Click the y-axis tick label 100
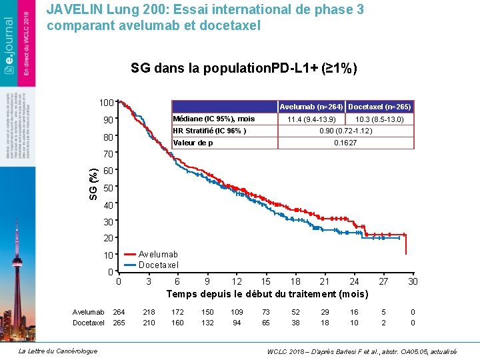click(x=105, y=103)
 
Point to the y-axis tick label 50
click(x=107, y=187)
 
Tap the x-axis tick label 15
click(x=265, y=282)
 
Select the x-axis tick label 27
click(x=383, y=282)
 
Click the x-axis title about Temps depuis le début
click(x=267, y=294)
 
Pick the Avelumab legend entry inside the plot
click(x=158, y=254)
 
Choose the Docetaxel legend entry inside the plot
click(x=159, y=265)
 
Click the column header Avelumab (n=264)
click(x=311, y=107)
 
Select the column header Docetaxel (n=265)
click(x=380, y=107)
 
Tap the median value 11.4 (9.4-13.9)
click(x=311, y=119)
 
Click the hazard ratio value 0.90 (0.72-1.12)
click(x=345, y=131)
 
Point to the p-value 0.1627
click(x=345, y=143)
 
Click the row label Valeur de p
click(x=193, y=143)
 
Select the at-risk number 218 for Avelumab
click(x=149, y=312)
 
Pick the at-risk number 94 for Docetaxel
click(x=237, y=323)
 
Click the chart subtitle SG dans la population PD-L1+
click(x=244, y=69)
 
